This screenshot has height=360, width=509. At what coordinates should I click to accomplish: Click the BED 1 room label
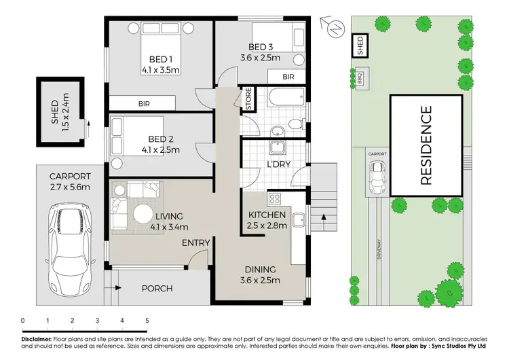(x=159, y=58)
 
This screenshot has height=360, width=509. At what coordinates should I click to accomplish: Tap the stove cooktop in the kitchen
(x=276, y=200)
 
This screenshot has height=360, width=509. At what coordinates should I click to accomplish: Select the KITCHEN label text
(x=266, y=215)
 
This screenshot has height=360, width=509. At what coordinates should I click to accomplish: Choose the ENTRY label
(x=195, y=242)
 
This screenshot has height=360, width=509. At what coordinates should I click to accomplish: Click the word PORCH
(x=156, y=289)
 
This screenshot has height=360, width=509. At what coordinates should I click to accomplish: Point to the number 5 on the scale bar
(x=147, y=320)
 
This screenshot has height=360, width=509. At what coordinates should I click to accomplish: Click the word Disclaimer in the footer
(x=35, y=338)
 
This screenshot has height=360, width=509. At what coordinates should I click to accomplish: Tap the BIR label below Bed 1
(x=144, y=104)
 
